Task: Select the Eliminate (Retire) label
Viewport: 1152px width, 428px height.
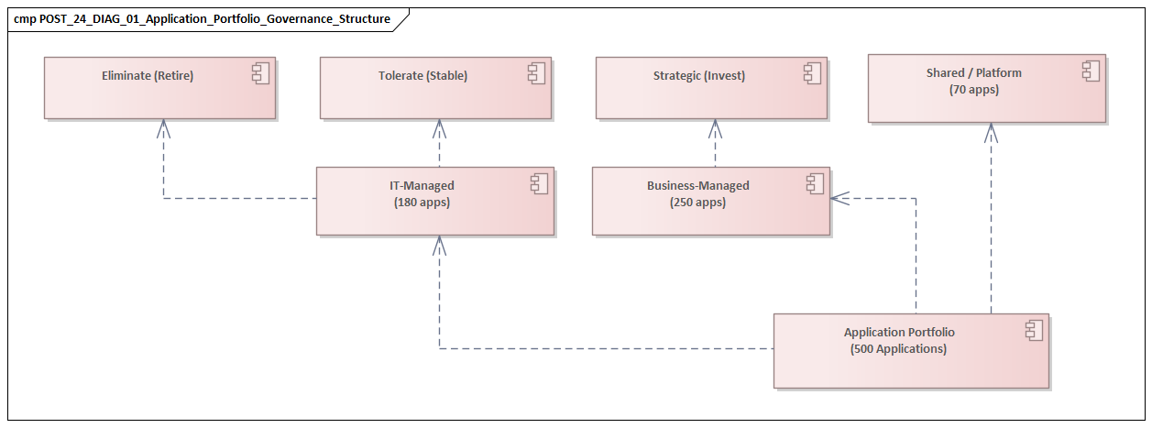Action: [x=148, y=76]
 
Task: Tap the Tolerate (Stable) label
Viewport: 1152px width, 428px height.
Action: [x=422, y=76]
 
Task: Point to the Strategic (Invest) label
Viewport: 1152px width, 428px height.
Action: [x=699, y=76]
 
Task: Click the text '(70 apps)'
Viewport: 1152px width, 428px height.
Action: [x=973, y=90]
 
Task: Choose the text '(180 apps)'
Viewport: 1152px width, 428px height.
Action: [x=422, y=203]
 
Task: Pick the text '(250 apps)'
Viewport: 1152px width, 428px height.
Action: [x=697, y=203]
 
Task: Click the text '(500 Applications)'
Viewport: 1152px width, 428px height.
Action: [x=898, y=349]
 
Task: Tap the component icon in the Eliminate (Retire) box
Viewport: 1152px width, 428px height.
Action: [x=260, y=74]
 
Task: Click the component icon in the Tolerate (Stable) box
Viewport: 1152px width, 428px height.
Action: [x=536, y=74]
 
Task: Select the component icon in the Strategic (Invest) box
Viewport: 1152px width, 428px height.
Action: [x=812, y=74]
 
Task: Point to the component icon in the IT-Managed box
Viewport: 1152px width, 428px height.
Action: [x=539, y=184]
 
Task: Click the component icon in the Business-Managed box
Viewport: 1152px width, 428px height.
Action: [x=815, y=184]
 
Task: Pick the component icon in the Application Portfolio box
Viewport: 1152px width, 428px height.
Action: [x=1034, y=331]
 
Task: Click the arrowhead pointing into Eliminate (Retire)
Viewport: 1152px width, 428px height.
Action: [x=164, y=127]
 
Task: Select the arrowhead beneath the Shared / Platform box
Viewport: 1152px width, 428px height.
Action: [x=991, y=132]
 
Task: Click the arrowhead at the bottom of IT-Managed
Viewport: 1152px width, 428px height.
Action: [x=440, y=244]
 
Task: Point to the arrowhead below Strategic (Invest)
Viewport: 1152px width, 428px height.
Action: [x=715, y=127]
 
